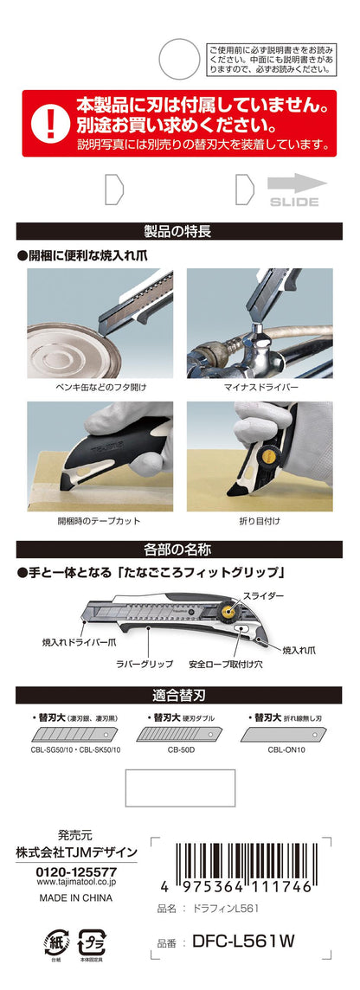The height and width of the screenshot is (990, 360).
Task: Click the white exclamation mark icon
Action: tap(49, 123)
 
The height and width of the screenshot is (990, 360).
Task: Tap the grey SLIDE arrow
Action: tap(297, 183)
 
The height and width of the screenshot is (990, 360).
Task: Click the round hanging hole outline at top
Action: tap(179, 60)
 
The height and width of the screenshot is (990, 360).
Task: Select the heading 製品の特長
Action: tap(179, 231)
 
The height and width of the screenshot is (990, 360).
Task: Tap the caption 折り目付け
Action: tap(260, 521)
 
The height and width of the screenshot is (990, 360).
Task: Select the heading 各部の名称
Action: tap(179, 550)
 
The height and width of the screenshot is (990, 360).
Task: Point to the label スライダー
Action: tap(260, 595)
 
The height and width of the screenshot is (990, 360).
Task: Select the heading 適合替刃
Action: tap(179, 695)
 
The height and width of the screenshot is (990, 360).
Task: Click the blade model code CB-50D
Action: tap(180, 750)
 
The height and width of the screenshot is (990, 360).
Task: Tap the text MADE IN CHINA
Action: tap(76, 897)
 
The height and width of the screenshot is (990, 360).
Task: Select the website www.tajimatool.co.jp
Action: tap(75, 883)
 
